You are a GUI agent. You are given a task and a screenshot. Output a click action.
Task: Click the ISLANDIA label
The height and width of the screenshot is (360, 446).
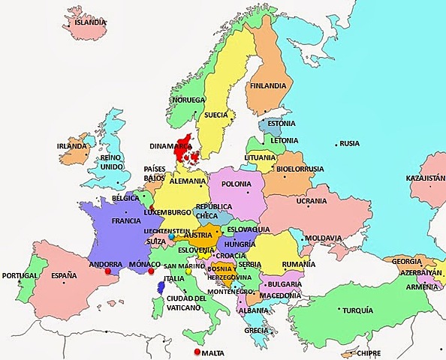click(x=89, y=22)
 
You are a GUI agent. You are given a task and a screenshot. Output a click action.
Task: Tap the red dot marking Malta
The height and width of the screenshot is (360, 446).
click(x=197, y=352)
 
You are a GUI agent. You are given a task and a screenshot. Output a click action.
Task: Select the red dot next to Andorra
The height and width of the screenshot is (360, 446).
click(x=108, y=272)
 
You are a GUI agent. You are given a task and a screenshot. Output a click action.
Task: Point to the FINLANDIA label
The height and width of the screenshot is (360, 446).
click(x=270, y=85)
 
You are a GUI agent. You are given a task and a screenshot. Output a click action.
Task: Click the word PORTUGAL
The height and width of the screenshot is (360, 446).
click(x=20, y=275)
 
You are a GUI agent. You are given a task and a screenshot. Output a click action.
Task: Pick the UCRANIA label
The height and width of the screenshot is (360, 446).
click(x=311, y=202)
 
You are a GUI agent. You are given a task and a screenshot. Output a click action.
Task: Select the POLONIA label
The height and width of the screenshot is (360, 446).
click(x=237, y=184)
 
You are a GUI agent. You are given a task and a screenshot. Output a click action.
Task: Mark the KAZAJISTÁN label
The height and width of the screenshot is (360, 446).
click(x=425, y=179)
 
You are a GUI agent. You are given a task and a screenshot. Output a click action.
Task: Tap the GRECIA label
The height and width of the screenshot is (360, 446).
click(x=256, y=330)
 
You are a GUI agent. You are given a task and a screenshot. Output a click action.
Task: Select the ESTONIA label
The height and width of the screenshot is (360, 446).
click(x=282, y=124)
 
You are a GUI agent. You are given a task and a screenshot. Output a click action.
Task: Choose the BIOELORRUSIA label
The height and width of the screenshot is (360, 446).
click(x=300, y=169)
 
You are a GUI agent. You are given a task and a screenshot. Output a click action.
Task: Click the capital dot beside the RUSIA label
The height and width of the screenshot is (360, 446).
click(x=336, y=142)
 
